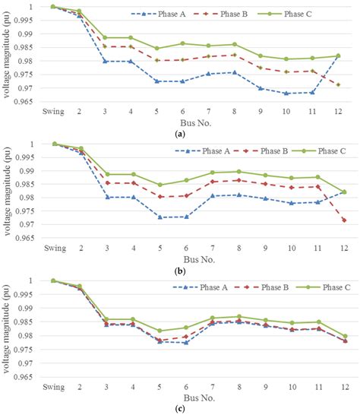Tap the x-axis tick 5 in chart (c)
[x=156, y=385]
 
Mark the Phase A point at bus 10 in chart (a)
[x=286, y=93]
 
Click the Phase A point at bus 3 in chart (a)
[x=105, y=62]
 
